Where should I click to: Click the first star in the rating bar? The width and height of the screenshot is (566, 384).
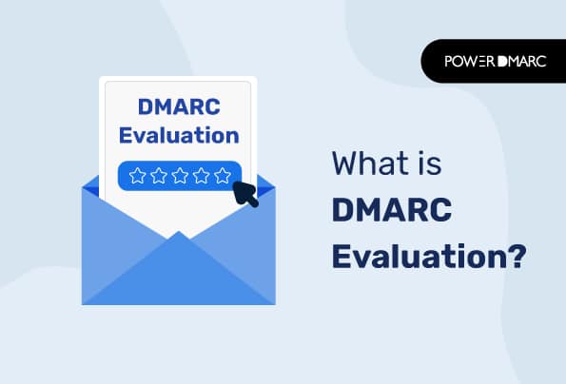[136, 175]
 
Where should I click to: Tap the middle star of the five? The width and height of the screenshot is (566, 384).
[179, 175]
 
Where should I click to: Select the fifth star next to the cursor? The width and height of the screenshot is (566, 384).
[222, 175]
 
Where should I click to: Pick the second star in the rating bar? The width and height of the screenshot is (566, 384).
[158, 175]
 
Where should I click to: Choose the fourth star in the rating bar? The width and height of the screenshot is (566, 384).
[201, 175]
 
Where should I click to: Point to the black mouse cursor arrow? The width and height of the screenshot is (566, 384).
[247, 193]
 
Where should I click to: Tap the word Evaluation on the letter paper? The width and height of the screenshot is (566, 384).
[178, 134]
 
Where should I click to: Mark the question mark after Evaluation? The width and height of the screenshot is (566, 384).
[515, 258]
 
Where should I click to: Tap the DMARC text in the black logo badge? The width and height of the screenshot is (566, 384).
[521, 61]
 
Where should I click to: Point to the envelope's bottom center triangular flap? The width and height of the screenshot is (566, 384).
[178, 276]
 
